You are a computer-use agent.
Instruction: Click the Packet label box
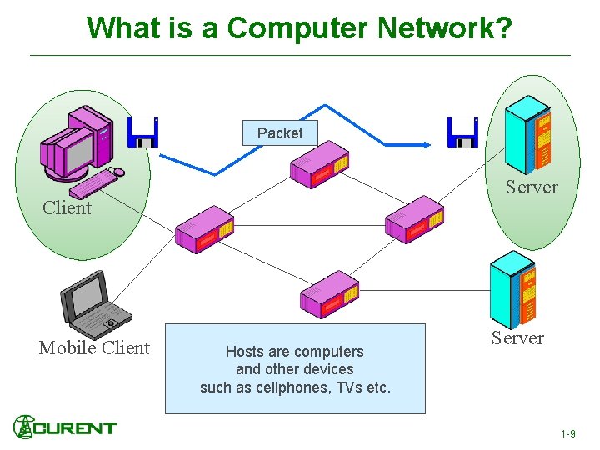(x=280, y=132)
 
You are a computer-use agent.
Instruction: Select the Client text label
(x=67, y=207)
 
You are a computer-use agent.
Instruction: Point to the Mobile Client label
(x=94, y=348)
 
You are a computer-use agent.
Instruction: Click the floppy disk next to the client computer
(x=142, y=132)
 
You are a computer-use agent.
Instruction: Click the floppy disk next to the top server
(x=462, y=132)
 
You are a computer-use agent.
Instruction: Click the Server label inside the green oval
(x=532, y=187)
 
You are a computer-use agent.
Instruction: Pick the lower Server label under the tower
(x=517, y=337)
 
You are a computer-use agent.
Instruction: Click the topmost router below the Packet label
(x=320, y=169)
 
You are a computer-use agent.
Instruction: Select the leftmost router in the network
(x=204, y=229)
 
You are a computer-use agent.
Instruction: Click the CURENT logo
(x=64, y=427)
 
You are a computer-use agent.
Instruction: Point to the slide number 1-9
(x=567, y=434)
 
